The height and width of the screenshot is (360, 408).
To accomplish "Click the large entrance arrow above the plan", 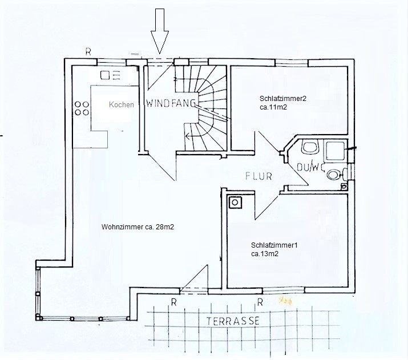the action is click(x=160, y=31).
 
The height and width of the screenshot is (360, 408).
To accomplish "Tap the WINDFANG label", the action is click(x=171, y=103).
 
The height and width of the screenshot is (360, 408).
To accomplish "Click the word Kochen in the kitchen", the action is click(x=121, y=104).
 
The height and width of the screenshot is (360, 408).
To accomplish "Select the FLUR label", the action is click(x=258, y=176).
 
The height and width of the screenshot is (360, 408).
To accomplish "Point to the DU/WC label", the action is click(x=310, y=167).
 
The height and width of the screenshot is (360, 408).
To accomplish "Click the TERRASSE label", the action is click(x=233, y=321).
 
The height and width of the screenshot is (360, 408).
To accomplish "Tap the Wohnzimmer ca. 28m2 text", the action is click(x=138, y=227).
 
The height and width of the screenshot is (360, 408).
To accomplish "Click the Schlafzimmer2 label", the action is click(x=283, y=99).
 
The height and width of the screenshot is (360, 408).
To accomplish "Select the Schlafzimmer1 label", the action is click(x=274, y=245).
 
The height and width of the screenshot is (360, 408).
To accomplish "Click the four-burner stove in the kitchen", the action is click(x=82, y=108).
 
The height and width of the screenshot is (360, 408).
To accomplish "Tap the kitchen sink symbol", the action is click(x=110, y=75).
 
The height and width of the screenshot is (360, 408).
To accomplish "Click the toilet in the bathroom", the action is click(x=310, y=148).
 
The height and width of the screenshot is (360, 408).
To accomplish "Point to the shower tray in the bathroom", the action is click(x=335, y=151).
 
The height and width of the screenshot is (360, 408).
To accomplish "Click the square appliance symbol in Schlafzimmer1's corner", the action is click(x=235, y=203).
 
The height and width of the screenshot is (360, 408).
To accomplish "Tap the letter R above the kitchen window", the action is click(x=88, y=52).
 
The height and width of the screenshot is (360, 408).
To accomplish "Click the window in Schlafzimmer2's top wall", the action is click(x=292, y=62).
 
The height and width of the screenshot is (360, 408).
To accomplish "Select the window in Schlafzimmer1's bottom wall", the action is click(x=284, y=290).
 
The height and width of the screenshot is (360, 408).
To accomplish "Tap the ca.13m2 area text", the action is click(x=265, y=254).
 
